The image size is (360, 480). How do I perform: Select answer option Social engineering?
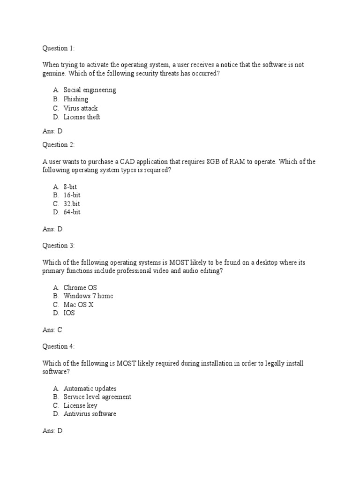(90, 90)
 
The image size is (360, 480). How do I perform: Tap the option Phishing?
(76, 99)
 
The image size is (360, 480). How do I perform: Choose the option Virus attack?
(81, 108)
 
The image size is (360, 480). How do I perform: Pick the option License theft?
(82, 117)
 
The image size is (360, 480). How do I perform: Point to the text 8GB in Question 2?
(213, 162)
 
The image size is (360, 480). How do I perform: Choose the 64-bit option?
(72, 212)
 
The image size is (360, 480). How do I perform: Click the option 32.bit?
(72, 204)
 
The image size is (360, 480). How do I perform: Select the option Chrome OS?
(80, 287)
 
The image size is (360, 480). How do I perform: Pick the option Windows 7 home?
(88, 296)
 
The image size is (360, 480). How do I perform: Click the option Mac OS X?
(79, 305)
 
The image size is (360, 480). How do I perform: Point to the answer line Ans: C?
(52, 330)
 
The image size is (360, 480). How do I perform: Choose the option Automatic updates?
(90, 389)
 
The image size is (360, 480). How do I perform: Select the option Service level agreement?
(97, 397)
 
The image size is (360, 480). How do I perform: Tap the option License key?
(80, 405)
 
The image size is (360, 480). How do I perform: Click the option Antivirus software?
(90, 414)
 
